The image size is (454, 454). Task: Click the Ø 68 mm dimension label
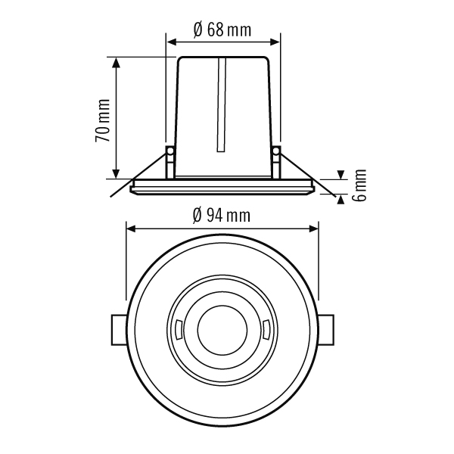[x=222, y=30]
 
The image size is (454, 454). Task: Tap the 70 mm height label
[x=103, y=120]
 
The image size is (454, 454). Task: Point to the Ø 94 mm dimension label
[x=222, y=216]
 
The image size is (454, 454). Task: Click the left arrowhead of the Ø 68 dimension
[x=172, y=42]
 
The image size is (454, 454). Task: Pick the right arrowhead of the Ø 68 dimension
[x=275, y=42]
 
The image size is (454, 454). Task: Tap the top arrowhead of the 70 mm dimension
[x=116, y=62]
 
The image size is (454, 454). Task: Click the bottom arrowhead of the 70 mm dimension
[x=116, y=174]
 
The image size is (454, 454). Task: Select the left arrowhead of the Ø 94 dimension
[x=132, y=229]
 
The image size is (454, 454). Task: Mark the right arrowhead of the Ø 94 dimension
[x=313, y=229]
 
